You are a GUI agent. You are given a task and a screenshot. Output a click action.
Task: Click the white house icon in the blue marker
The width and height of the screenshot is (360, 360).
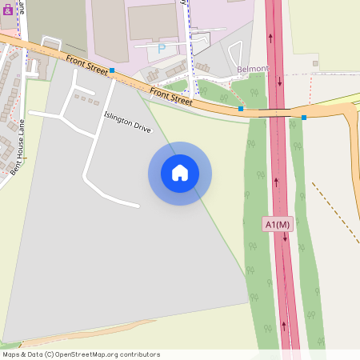(180, 173)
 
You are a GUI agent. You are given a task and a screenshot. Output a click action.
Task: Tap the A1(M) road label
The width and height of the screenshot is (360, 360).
(278, 225)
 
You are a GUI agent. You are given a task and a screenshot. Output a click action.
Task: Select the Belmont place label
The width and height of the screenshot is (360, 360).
(253, 70)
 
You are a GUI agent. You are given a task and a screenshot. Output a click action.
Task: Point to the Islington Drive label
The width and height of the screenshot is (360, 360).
(127, 122)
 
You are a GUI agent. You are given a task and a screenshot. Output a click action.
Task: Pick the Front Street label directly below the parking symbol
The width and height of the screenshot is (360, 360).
(170, 97)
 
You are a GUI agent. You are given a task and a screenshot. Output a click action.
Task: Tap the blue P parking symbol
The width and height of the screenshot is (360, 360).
(162, 49)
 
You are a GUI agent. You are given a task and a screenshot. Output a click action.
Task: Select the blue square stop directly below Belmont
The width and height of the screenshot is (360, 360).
(241, 108)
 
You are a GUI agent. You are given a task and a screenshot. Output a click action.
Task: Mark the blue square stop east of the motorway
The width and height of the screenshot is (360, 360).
(304, 118)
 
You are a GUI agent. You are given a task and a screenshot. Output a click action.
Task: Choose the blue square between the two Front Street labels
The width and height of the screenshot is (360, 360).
(112, 71)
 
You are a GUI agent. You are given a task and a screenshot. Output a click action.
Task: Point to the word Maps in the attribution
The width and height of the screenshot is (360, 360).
(11, 354)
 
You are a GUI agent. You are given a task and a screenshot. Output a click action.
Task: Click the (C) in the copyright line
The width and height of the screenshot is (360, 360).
(49, 354)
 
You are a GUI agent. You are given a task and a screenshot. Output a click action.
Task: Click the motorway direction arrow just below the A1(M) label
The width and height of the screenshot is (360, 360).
(285, 238)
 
